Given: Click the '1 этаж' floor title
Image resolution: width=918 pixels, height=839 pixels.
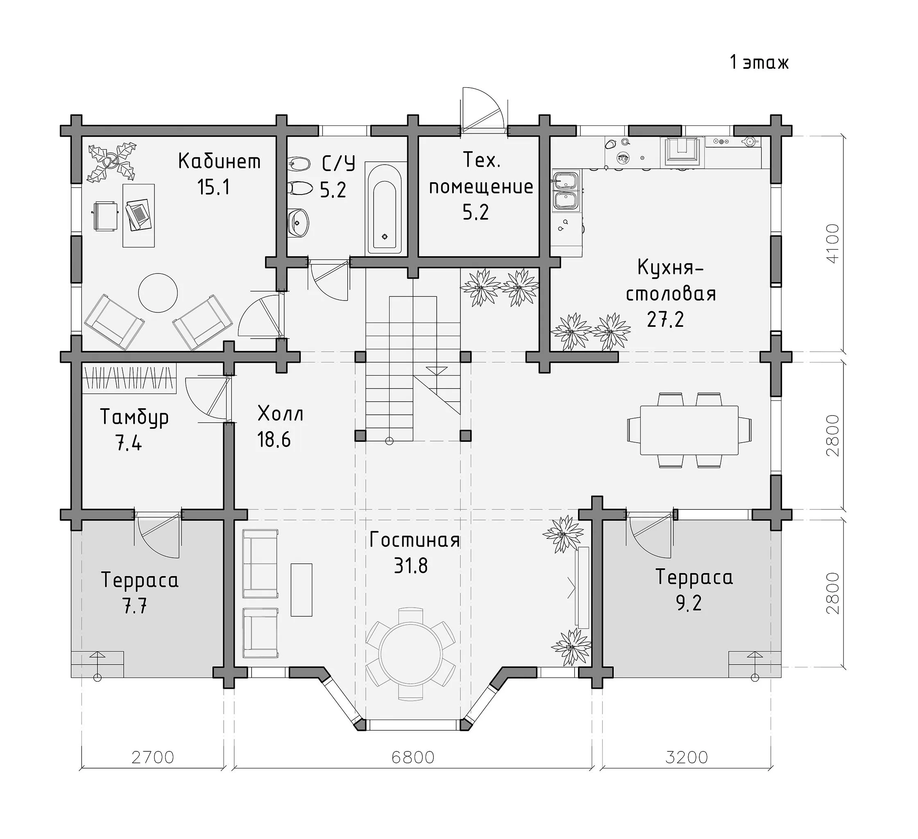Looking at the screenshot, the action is pyautogui.click(x=759, y=62).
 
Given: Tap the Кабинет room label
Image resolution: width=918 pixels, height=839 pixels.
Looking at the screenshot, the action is pyautogui.click(x=220, y=162).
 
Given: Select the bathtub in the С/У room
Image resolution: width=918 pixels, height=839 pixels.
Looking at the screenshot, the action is pyautogui.click(x=385, y=208).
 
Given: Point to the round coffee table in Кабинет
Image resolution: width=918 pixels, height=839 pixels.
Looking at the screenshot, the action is pyautogui.click(x=158, y=292).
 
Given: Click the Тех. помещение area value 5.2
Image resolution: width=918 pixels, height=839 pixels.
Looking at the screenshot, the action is pyautogui.click(x=476, y=212).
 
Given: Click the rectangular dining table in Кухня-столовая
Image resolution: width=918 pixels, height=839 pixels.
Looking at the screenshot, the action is pyautogui.click(x=689, y=430).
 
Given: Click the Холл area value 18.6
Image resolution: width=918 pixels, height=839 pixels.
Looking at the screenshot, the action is pyautogui.click(x=274, y=440).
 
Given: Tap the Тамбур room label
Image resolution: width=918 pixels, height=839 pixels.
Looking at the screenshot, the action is pyautogui.click(x=134, y=417).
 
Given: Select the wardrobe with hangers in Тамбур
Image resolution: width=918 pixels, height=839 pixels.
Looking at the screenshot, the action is pyautogui.click(x=129, y=378).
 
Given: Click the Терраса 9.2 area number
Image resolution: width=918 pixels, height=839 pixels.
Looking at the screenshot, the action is pyautogui.click(x=689, y=604).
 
